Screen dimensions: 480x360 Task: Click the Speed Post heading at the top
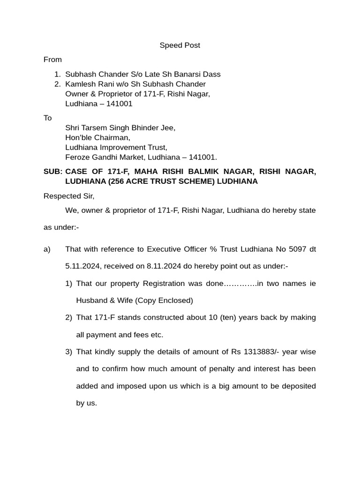pyautogui.click(x=180, y=45)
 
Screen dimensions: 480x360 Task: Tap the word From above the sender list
pyautogui.click(x=52, y=60)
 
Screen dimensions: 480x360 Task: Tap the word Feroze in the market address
pyautogui.click(x=77, y=157)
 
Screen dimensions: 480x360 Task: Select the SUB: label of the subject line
pyautogui.click(x=52, y=172)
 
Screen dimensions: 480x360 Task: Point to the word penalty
pyautogui.click(x=220, y=369)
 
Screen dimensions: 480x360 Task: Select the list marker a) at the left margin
pyautogui.click(x=47, y=249)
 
